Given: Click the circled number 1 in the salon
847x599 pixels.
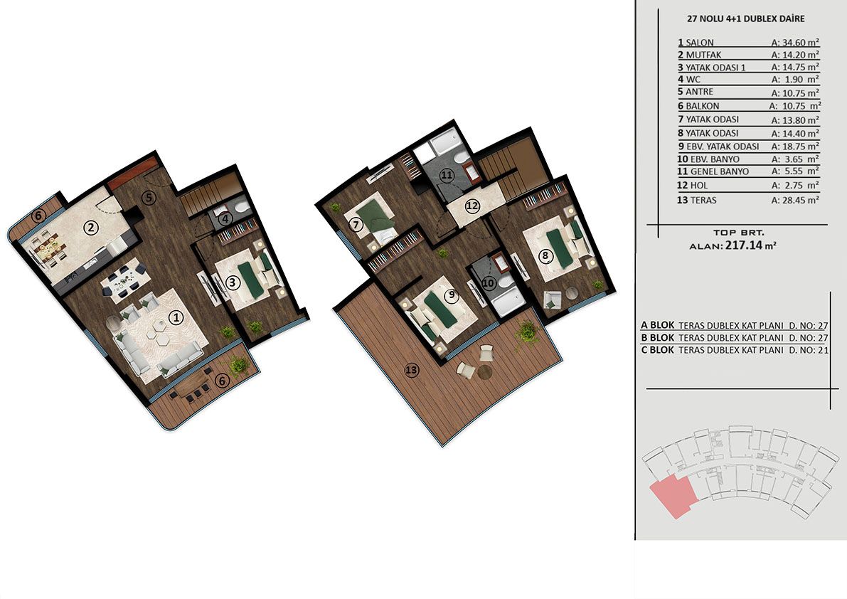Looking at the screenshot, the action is [x=176, y=318].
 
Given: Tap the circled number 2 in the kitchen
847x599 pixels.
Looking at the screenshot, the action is [x=91, y=227].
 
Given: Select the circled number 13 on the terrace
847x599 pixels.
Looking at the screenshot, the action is [x=412, y=370].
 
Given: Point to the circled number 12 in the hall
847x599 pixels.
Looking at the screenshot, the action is [x=472, y=206].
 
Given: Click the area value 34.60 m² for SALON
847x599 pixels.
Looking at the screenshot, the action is [x=795, y=42].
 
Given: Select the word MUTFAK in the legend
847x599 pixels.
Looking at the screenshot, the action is [x=703, y=55].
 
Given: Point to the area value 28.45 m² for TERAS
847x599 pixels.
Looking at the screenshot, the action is [x=795, y=200].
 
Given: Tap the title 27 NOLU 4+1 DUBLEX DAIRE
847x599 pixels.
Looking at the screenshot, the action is [x=745, y=18].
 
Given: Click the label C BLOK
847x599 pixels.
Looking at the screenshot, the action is [x=657, y=350].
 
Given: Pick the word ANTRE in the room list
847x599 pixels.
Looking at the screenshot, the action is [x=700, y=92].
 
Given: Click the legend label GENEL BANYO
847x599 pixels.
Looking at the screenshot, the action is [x=720, y=171].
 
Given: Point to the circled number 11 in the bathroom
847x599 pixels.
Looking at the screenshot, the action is [x=446, y=175].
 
